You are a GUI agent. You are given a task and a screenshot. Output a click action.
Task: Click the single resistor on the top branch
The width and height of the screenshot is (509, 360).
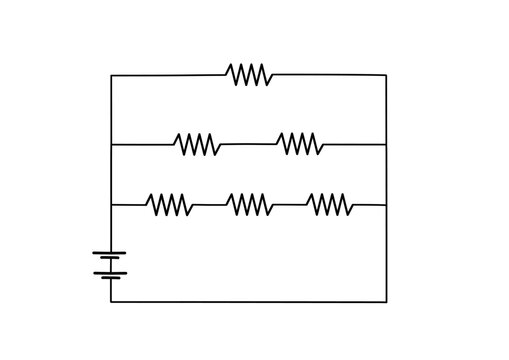tap(248, 75)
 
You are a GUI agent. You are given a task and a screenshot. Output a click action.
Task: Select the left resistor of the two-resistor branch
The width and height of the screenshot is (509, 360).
tap(197, 145)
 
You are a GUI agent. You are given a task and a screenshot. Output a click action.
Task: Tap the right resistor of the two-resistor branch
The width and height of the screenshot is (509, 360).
tap(299, 144)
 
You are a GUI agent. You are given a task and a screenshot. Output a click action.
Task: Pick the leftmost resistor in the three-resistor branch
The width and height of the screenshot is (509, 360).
tap(170, 205)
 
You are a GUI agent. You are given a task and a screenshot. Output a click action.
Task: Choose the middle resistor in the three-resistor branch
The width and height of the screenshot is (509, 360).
tap(249, 205)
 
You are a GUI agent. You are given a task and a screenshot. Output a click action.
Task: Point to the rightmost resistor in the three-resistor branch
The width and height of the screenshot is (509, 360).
tap(330, 205)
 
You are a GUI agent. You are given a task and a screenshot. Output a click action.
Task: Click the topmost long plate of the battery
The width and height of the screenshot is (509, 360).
tap(111, 250)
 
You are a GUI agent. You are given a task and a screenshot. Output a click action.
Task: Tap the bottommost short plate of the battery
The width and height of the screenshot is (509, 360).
tap(111, 278)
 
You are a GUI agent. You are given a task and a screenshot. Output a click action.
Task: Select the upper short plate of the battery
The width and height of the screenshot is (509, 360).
tap(111, 258)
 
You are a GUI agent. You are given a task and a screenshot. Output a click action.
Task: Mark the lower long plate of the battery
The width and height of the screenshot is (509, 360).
tap(111, 271)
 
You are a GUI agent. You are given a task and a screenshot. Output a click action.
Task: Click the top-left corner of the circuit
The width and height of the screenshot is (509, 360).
tap(111, 75)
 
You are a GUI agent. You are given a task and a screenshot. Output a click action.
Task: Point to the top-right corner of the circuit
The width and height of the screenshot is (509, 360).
tap(386, 75)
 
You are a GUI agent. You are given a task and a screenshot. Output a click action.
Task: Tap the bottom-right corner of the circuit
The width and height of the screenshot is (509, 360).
tap(386, 300)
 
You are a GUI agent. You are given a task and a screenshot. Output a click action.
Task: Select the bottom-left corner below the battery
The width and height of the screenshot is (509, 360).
tap(111, 300)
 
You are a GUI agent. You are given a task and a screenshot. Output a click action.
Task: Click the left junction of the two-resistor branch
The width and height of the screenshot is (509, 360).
tap(111, 145)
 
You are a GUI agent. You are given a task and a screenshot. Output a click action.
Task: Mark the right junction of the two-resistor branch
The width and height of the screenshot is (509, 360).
tap(386, 145)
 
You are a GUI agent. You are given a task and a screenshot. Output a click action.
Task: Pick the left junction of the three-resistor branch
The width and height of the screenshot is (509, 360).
tap(111, 205)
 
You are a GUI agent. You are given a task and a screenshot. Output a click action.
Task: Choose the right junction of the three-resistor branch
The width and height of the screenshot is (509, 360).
tap(386, 205)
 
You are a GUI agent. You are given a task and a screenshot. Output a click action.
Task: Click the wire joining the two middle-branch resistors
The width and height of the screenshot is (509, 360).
tap(248, 144)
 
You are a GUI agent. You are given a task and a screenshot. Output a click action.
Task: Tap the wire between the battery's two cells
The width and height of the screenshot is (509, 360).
tap(111, 264)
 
